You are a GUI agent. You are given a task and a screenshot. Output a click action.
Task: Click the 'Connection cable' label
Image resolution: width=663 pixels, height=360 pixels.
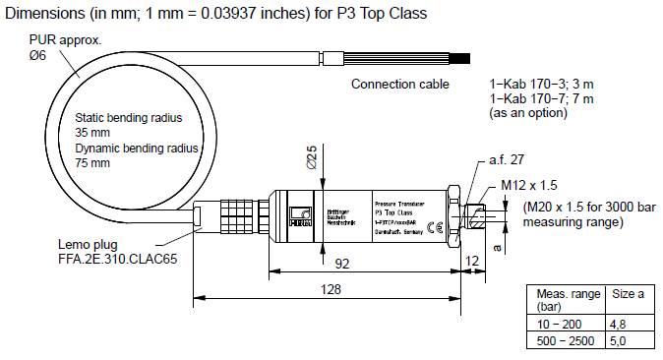(399, 85)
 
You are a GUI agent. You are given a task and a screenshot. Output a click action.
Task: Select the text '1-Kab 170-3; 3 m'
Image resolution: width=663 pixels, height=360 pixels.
(541, 85)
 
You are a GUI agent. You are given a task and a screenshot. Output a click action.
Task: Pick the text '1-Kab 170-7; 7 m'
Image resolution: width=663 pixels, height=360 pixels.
(541, 99)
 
